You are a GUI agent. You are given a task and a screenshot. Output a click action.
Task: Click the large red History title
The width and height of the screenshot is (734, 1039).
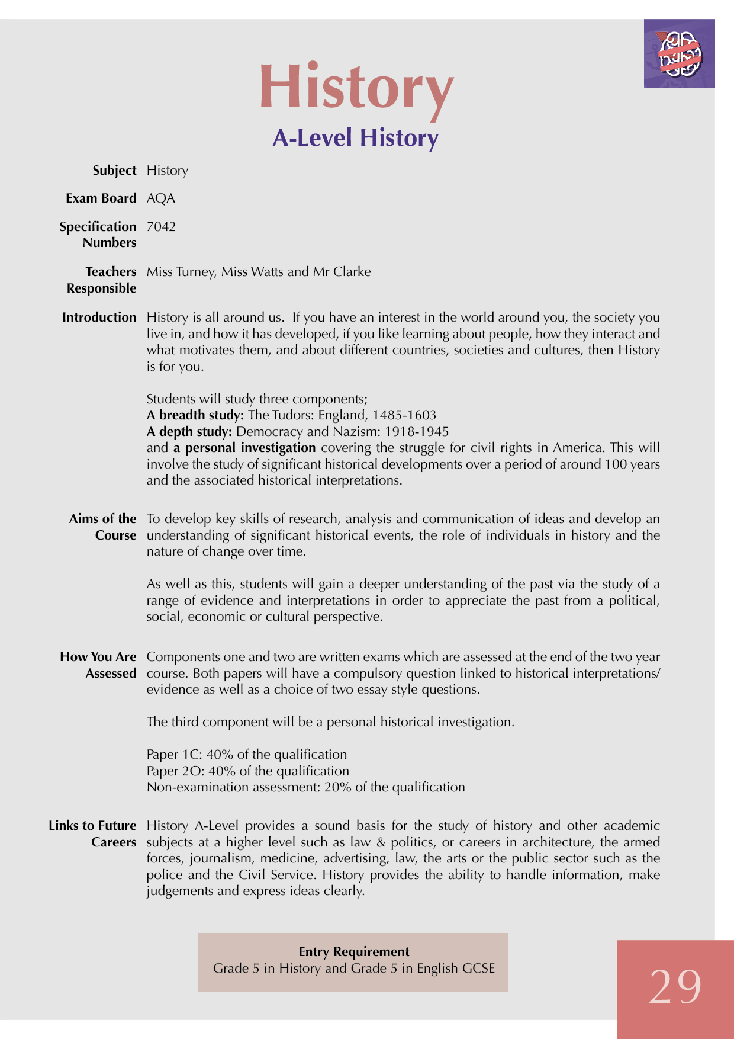click(356, 88)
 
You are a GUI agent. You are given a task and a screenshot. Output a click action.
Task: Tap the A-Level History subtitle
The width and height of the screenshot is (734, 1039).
click(355, 138)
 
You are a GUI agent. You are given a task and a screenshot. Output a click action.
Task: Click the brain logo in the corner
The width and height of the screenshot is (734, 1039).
click(680, 54)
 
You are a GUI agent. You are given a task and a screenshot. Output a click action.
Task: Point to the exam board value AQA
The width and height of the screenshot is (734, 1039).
click(161, 198)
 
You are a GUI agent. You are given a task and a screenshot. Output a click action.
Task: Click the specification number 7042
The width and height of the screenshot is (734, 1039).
click(161, 227)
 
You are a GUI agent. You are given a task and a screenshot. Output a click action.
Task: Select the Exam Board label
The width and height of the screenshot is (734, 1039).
click(101, 198)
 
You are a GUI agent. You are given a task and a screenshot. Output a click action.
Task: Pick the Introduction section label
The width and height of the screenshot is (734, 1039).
click(99, 318)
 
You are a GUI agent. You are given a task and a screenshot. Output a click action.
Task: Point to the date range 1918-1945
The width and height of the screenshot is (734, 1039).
click(417, 432)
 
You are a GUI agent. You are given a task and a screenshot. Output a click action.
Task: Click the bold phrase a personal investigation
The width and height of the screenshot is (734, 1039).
click(244, 448)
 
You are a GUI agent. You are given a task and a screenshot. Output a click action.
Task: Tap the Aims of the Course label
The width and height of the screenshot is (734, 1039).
click(103, 527)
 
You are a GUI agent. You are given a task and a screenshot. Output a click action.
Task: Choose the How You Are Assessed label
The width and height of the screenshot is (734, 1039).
click(98, 665)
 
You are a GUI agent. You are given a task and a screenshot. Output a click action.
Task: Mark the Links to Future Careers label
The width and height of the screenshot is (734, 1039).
click(92, 834)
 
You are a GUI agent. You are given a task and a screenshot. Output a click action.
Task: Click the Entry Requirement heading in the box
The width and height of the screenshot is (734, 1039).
click(353, 952)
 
